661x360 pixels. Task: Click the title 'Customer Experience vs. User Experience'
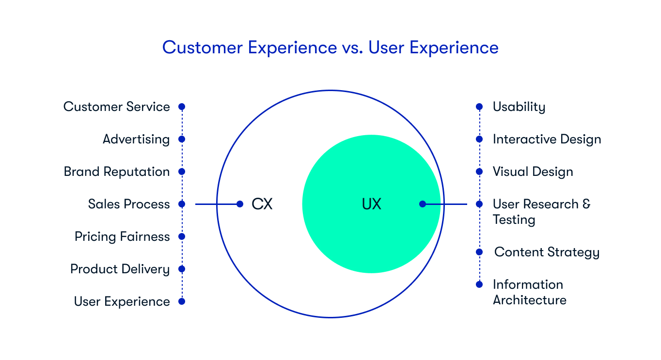330,47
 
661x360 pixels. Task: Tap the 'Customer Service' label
116,107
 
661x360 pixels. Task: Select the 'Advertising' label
136,139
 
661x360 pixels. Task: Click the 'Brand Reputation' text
116,172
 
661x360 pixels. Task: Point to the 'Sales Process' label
129,204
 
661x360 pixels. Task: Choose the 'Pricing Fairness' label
122,236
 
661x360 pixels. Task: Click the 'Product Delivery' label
120,269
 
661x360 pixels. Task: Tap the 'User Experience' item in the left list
122,301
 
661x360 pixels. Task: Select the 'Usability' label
519,107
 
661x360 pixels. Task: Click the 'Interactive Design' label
547,139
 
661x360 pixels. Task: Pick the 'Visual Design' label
533,172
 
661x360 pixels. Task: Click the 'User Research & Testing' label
541,212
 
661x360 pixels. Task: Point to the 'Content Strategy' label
547,252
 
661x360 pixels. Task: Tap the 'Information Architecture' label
529,292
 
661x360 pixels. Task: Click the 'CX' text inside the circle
262,204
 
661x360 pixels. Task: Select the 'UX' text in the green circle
371,204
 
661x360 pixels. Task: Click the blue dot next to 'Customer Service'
182,107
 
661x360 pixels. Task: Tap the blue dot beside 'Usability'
479,107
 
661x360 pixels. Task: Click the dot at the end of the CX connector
240,204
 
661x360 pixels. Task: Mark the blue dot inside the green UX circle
423,204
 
